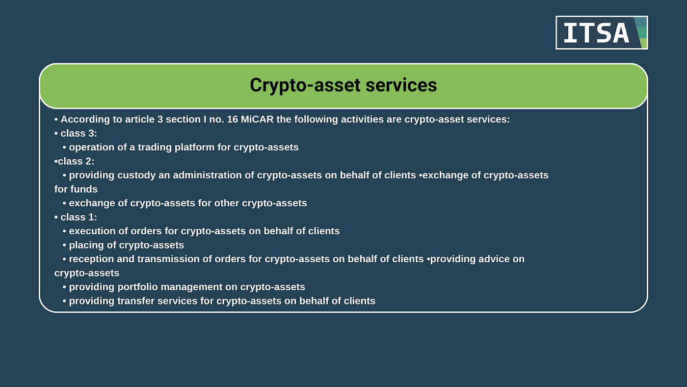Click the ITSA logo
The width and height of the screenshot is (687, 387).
coord(601,32)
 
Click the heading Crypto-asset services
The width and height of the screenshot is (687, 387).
coord(343,85)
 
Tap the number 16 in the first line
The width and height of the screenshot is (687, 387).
coord(233,119)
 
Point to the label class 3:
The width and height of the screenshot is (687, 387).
coord(79,133)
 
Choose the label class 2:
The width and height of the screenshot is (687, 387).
coord(76,161)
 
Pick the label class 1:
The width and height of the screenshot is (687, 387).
coord(79,217)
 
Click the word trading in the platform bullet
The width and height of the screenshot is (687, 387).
coord(154,147)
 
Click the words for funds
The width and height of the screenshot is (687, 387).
coord(76,189)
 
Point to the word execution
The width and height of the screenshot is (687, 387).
coord(92,231)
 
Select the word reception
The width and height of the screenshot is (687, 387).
coord(92,259)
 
